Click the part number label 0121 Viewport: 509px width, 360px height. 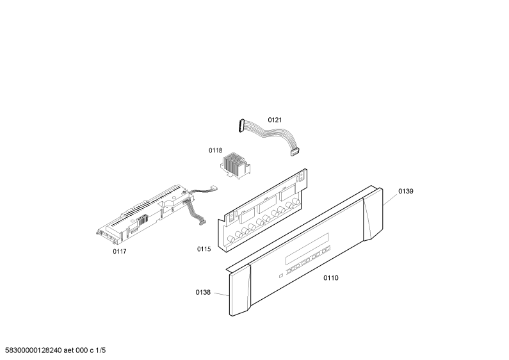[275, 120]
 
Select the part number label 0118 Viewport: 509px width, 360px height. [215, 150]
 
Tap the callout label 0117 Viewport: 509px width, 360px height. [120, 251]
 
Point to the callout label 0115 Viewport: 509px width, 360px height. [204, 249]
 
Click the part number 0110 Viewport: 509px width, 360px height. [331, 277]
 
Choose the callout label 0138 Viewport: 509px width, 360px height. [203, 292]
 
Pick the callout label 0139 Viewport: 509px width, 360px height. [406, 191]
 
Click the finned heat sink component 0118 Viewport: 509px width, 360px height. [235, 165]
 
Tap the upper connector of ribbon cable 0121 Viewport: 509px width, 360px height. [241, 126]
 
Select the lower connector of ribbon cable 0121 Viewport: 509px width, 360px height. [295, 152]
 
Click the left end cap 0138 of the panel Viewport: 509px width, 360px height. [240, 290]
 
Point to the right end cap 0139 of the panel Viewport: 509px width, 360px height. [373, 215]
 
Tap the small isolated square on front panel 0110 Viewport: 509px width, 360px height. [281, 276]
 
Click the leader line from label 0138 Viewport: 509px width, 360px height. [222, 295]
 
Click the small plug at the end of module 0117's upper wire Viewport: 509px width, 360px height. [214, 188]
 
